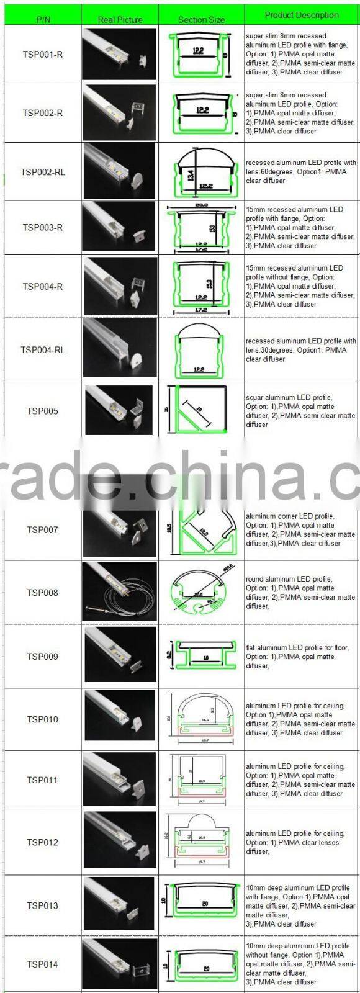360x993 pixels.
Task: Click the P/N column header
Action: click(43, 19)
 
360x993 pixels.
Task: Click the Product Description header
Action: click(302, 15)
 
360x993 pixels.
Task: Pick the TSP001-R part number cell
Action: click(43, 55)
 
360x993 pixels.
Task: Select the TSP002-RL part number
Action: click(43, 171)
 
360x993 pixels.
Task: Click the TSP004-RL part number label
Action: click(43, 349)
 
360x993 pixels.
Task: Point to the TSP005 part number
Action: click(43, 411)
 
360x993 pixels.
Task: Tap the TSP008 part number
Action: click(43, 592)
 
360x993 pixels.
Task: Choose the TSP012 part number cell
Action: click(43, 842)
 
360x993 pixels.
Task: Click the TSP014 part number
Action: click(43, 964)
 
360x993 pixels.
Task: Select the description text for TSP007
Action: click(300, 529)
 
